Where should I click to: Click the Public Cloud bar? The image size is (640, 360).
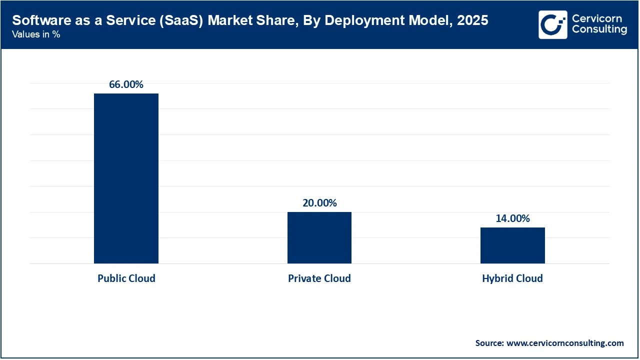(126, 178)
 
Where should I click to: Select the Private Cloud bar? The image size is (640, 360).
(319, 238)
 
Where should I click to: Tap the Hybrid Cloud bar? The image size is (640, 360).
(512, 245)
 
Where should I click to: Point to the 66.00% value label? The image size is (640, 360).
(126, 84)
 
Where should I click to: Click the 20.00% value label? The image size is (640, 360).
(319, 203)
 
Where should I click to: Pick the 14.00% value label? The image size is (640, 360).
(512, 218)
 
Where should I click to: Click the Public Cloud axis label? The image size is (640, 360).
(126, 278)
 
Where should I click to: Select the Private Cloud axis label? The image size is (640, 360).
(319, 278)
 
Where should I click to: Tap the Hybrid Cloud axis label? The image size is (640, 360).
(512, 278)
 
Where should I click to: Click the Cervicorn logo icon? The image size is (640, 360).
(552, 24)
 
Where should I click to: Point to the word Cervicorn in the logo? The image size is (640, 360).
(596, 18)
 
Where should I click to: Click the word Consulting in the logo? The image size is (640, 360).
(599, 29)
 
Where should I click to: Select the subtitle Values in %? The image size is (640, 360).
(36, 35)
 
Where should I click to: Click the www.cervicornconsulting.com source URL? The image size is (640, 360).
(565, 343)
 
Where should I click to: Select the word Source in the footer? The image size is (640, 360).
(489, 343)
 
